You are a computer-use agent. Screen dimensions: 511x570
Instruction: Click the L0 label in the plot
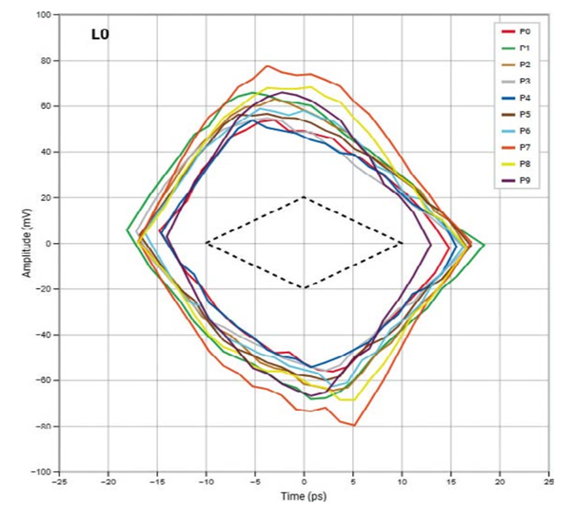[100, 37]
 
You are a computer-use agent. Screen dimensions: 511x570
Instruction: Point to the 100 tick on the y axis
[42, 15]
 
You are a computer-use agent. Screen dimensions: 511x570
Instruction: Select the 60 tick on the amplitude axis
[45, 106]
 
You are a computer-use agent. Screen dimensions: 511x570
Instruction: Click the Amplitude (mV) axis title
[29, 242]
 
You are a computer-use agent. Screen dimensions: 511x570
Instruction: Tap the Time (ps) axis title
[303, 495]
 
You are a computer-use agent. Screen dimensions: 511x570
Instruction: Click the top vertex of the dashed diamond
[303, 198]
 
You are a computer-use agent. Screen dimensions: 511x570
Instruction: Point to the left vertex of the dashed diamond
[206, 243]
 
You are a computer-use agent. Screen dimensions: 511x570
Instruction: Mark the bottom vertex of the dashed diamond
[303, 288]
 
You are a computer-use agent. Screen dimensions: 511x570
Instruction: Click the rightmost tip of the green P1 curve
[484, 245]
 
